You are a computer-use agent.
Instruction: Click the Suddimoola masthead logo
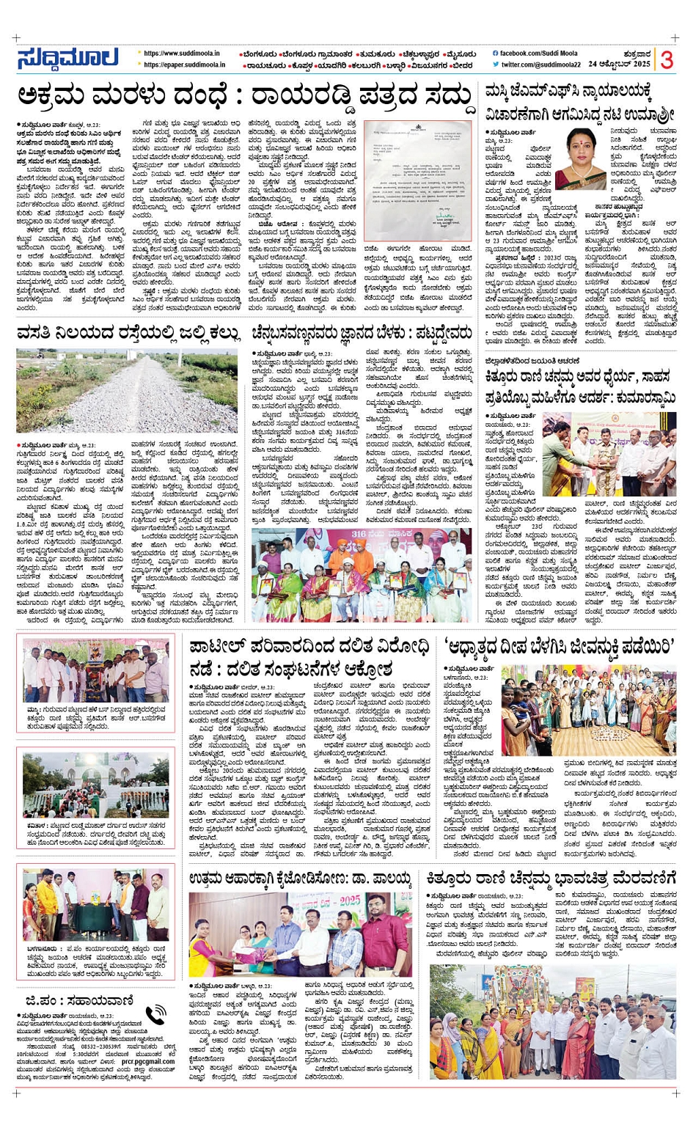tap(67, 59)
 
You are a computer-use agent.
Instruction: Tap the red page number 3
tap(666, 59)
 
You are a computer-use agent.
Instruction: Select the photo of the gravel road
tap(127, 392)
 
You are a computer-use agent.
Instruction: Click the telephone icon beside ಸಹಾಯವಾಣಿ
tap(155, 1015)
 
